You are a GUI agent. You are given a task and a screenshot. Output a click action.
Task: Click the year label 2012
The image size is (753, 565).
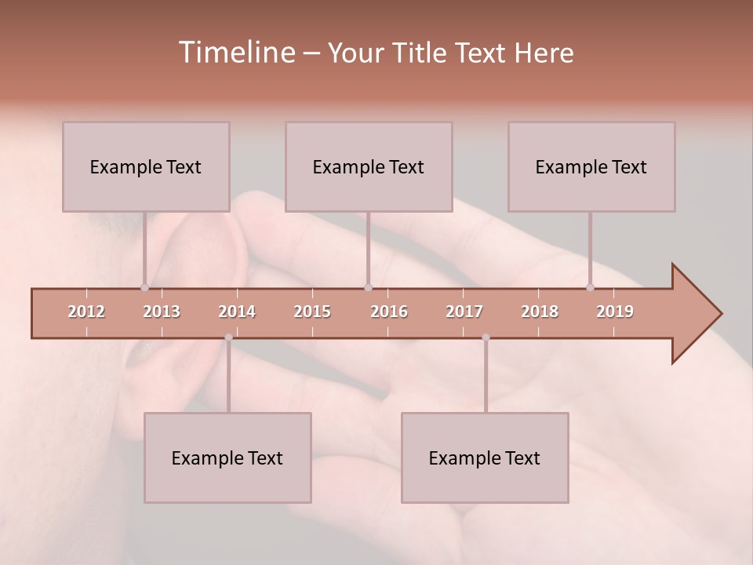86,312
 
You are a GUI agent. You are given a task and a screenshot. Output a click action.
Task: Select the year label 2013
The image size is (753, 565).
162,312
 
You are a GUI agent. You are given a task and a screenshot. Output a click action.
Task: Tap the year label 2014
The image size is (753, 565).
237,312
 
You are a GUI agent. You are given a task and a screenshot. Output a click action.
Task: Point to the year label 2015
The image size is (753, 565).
312,312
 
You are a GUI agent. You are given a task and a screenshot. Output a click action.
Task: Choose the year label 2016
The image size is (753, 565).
389,312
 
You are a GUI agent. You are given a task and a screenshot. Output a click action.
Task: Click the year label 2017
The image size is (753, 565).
464,312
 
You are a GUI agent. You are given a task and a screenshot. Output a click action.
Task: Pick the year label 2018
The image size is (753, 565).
540,312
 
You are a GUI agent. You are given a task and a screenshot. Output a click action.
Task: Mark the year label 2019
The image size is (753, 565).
615,312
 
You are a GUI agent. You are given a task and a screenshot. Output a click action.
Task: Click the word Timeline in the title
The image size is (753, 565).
235,53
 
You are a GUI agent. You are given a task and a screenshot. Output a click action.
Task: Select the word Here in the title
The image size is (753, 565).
544,53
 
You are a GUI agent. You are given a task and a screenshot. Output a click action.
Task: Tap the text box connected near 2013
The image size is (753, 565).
146,166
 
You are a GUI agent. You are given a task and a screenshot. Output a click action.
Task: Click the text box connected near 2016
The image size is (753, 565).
369,166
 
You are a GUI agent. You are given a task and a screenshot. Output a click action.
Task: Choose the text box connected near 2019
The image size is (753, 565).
591,166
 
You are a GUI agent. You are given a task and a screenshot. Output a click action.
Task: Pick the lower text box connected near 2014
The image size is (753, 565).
227,457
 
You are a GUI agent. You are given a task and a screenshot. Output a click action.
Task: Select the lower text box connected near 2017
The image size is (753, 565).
485,457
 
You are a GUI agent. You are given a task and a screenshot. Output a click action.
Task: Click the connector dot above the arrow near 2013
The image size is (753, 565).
144,287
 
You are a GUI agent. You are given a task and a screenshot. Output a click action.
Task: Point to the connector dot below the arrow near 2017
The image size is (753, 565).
486,337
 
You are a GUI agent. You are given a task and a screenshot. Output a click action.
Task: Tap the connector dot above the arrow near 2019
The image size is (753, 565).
590,287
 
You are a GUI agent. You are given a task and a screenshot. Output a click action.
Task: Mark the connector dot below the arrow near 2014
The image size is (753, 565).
228,337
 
